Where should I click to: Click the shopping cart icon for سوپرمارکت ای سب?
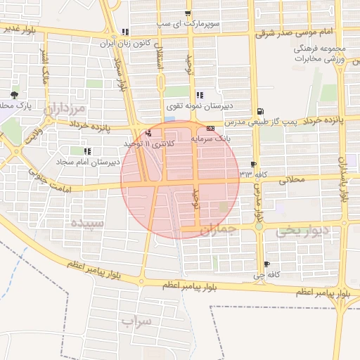(x=187, y=13)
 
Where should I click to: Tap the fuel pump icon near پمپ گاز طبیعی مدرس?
(x=261, y=111)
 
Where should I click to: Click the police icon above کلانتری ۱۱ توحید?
(x=148, y=133)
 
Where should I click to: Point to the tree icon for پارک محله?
(x=14, y=94)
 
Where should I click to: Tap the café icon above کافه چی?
(x=266, y=264)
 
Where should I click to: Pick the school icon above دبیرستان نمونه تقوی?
(x=200, y=95)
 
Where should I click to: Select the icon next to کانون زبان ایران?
(x=125, y=32)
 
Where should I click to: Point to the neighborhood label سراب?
(x=136, y=322)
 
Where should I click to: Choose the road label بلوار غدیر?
(x=19, y=30)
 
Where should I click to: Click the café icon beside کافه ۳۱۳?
(x=253, y=164)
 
